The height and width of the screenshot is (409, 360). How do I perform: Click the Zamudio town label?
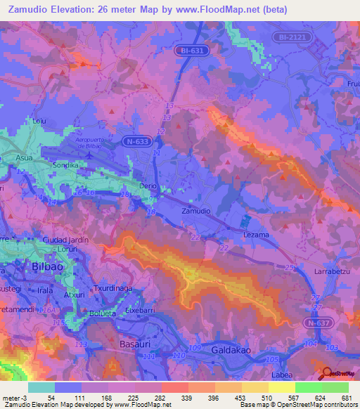click(195, 211)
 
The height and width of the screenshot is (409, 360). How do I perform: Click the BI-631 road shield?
click(188, 51)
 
